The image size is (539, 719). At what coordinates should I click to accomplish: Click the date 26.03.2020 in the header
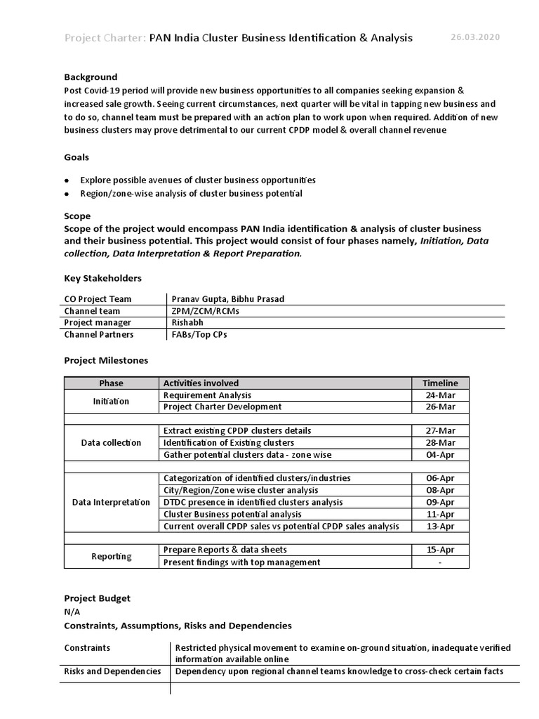475,37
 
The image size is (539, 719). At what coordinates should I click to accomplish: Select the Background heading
91,77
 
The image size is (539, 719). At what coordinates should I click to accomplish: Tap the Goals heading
76,157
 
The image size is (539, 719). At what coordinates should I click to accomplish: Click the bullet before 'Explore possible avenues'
67,180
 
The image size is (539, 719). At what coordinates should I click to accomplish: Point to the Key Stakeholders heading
102,278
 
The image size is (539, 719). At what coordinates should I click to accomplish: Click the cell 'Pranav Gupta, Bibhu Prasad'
228,299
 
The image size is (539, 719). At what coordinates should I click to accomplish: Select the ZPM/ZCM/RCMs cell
200,311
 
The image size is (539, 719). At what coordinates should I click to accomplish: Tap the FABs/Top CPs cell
199,335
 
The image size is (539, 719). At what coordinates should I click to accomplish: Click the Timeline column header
440,383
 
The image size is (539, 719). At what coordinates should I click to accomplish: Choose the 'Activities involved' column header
201,383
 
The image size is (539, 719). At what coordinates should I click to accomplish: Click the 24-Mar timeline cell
440,395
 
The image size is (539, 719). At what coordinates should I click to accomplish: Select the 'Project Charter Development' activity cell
222,407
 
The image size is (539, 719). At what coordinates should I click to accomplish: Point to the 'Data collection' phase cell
111,443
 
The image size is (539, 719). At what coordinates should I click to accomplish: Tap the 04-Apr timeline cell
440,455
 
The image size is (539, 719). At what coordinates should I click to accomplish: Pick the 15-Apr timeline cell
440,550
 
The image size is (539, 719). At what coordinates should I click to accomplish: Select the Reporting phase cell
111,556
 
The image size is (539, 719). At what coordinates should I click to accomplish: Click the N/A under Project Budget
72,612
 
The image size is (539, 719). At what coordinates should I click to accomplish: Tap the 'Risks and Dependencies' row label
112,671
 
